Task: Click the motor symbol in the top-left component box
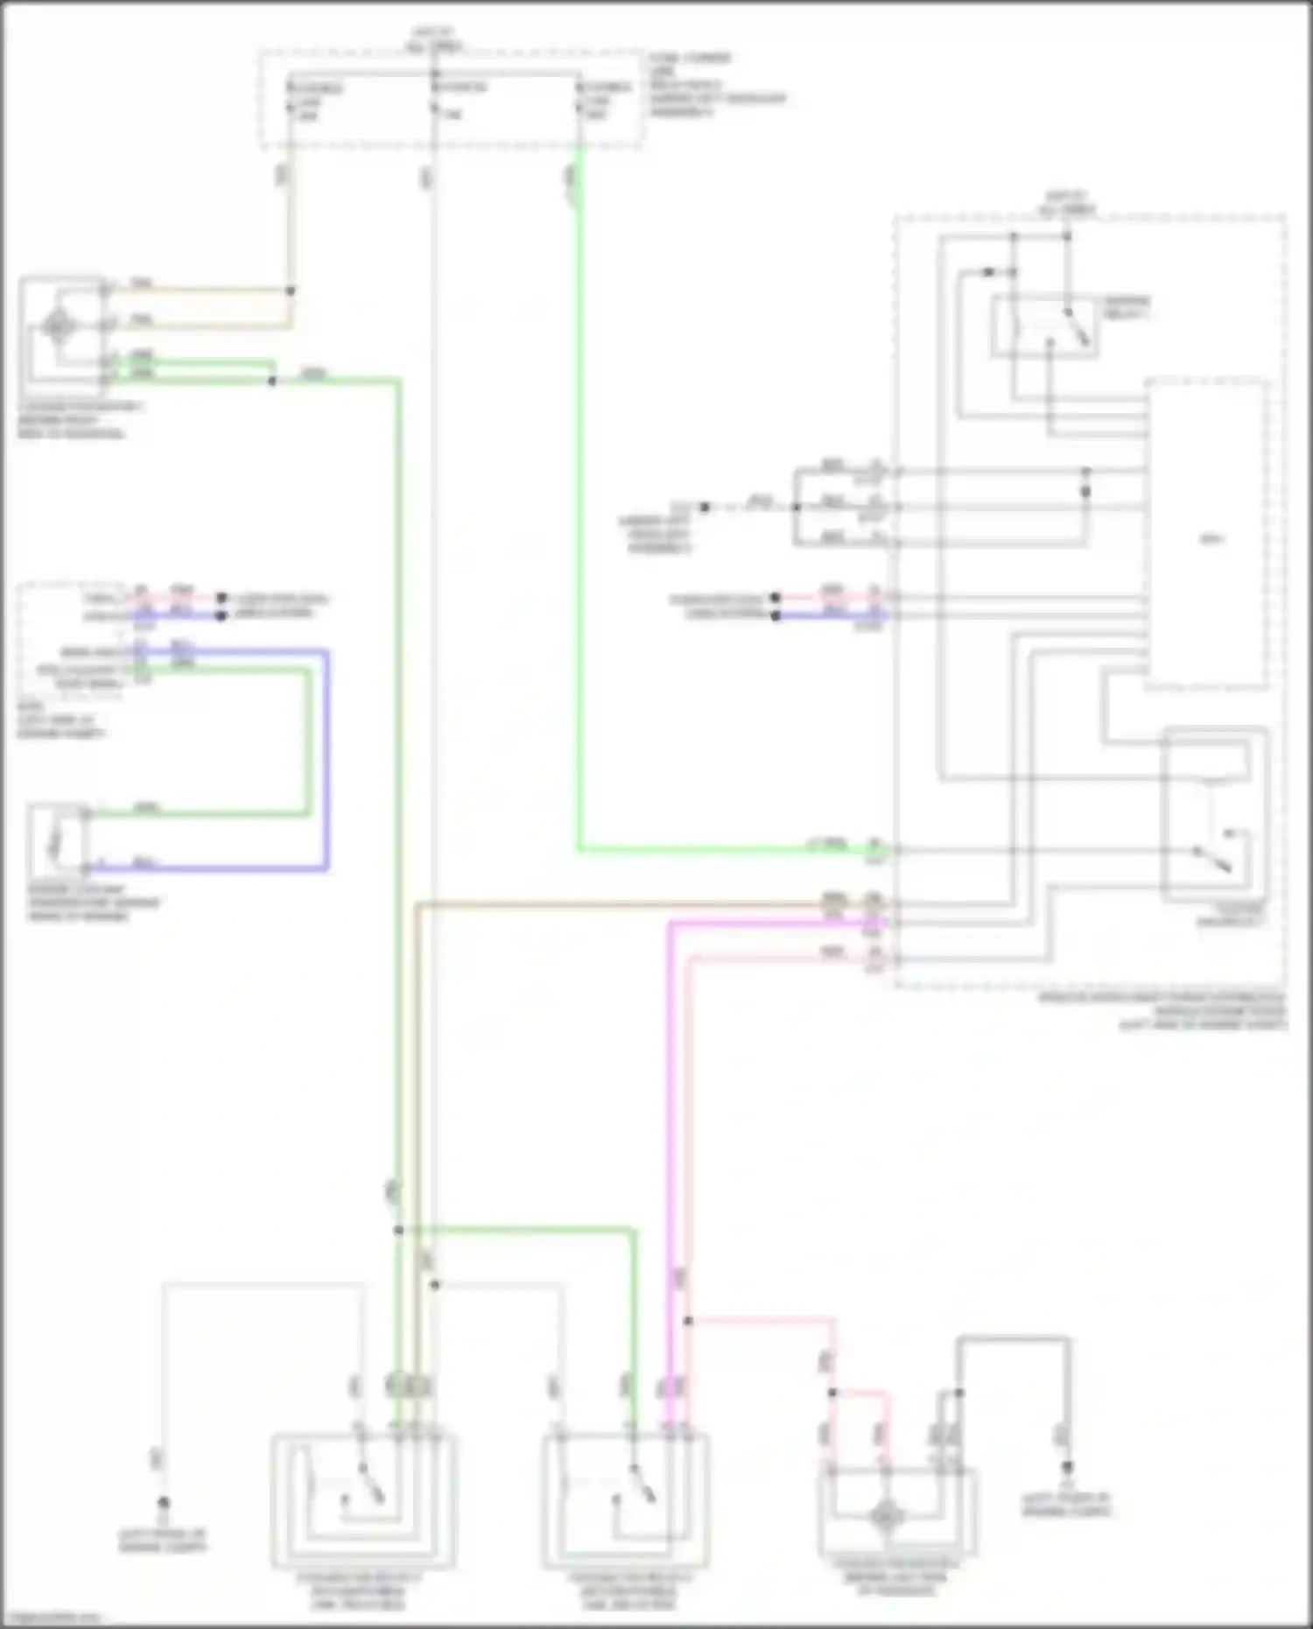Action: point(58,326)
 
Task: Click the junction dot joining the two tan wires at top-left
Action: point(291,291)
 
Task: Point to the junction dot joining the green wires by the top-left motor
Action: point(272,382)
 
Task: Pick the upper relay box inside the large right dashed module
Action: point(1045,327)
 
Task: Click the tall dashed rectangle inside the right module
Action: point(1206,534)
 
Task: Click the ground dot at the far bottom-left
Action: point(163,1502)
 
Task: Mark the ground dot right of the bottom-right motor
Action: point(1068,1467)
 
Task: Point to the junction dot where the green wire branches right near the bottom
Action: point(398,1230)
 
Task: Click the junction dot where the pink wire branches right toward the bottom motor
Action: point(688,1321)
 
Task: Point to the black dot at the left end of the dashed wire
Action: point(705,507)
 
